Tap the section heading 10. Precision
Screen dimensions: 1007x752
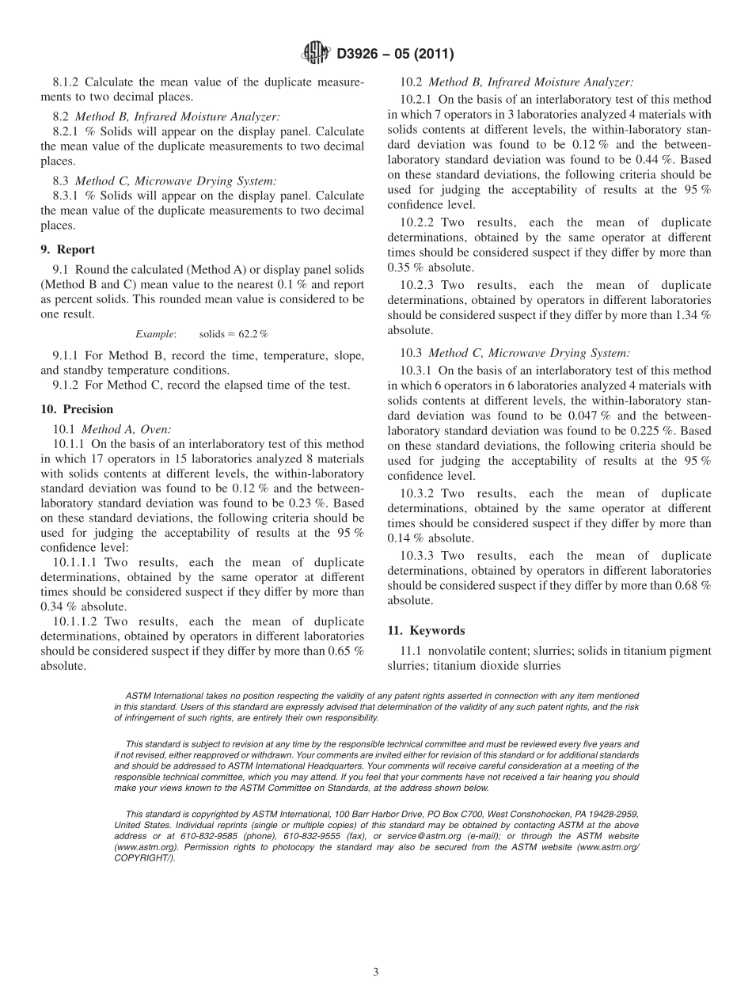tap(77, 409)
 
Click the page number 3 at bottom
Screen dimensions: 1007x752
tap(376, 972)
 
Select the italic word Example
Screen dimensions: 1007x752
tap(155, 335)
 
